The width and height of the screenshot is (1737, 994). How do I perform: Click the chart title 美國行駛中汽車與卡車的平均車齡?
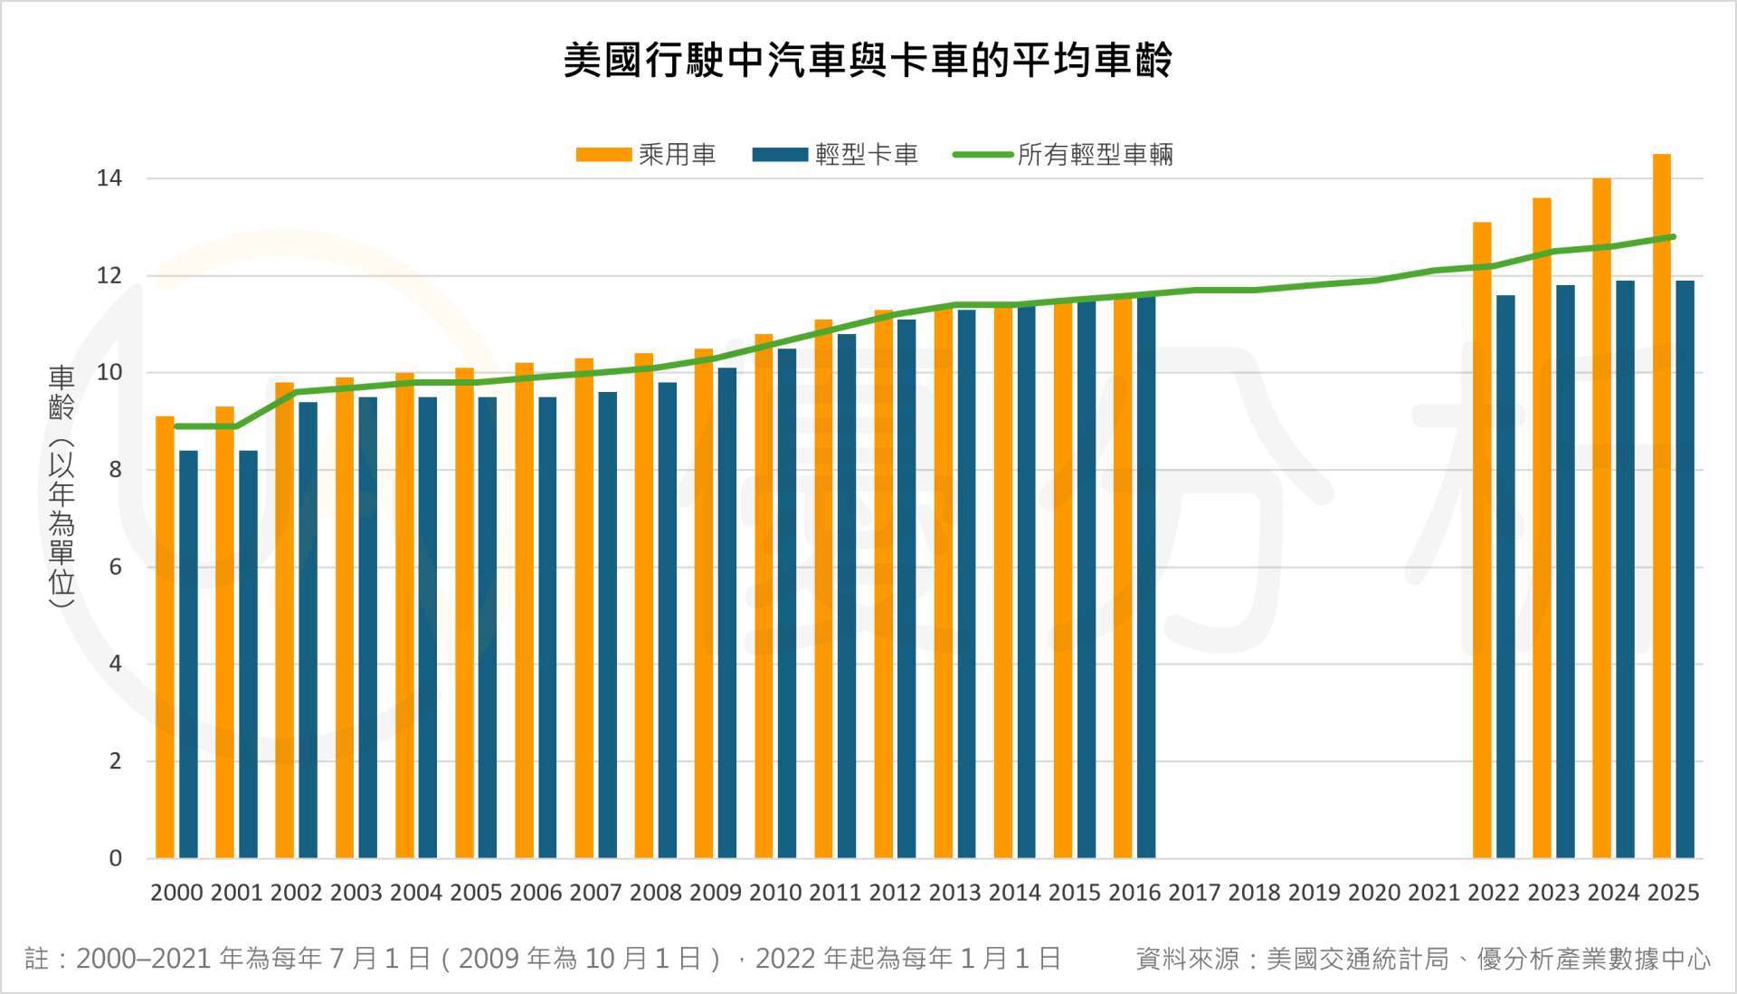(x=868, y=61)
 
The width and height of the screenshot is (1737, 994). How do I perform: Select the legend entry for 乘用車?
(x=646, y=155)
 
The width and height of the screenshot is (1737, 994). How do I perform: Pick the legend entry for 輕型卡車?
(x=834, y=155)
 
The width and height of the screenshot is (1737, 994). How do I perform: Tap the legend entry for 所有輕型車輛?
(x=1063, y=155)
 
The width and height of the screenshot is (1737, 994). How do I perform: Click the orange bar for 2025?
(x=1661, y=507)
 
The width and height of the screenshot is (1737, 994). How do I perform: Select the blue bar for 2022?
(x=1505, y=577)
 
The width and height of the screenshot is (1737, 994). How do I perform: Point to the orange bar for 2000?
(x=165, y=637)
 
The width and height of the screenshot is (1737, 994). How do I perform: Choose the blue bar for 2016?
(x=1146, y=577)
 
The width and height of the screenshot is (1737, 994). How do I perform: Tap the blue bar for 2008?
(x=668, y=620)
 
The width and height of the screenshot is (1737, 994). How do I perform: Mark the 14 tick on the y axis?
(x=109, y=178)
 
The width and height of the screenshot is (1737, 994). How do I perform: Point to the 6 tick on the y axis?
(x=115, y=568)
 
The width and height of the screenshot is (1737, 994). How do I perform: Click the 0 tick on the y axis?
(x=115, y=858)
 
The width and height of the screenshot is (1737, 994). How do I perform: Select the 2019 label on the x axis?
(x=1314, y=893)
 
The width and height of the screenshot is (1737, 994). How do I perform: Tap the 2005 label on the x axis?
(x=476, y=893)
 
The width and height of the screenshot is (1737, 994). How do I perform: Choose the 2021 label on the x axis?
(x=1434, y=893)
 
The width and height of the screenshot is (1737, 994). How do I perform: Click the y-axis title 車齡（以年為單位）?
(x=62, y=486)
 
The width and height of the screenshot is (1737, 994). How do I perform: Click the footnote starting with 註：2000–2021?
(x=543, y=959)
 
